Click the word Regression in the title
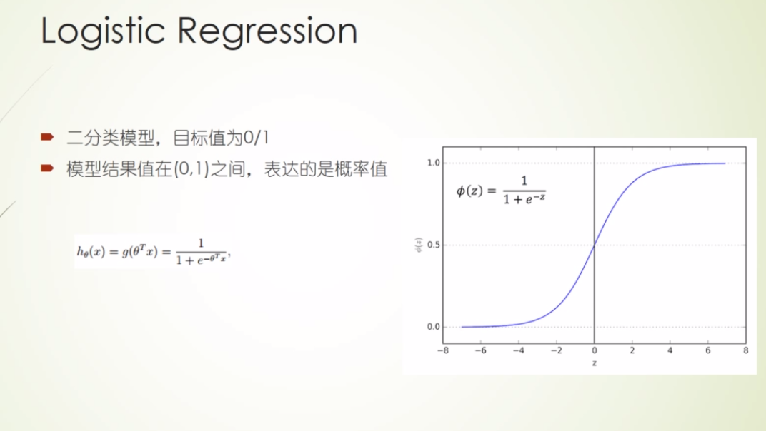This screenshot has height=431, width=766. point(267,33)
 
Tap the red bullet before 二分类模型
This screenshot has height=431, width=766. point(47,136)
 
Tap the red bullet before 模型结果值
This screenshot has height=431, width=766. point(47,168)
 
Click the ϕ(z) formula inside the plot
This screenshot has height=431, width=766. point(500,191)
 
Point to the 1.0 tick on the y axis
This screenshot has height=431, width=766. point(432,163)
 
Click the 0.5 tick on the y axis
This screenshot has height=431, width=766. point(432,245)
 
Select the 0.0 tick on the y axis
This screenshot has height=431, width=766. point(432,327)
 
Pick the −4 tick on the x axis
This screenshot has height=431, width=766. point(518,351)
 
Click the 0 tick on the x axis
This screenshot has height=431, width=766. point(595,351)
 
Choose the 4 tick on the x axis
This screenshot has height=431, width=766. point(670,351)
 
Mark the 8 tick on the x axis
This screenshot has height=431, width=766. point(745,351)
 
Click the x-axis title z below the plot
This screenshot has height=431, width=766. point(595,363)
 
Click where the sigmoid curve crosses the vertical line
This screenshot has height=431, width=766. point(595,245)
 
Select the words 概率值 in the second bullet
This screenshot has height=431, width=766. point(367,169)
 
